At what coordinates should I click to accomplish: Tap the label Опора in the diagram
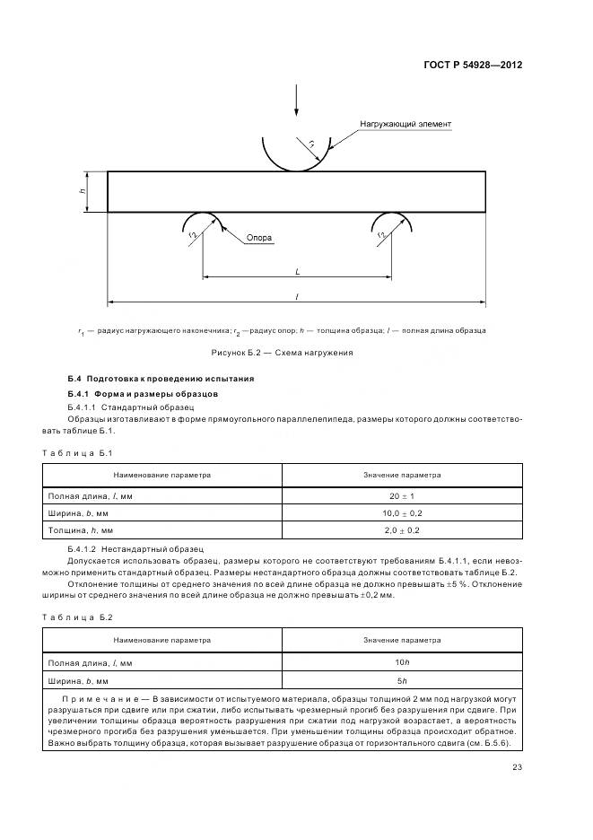tap(259, 239)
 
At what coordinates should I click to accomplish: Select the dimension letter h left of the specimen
tap(82, 191)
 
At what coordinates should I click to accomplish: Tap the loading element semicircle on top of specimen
tap(296, 153)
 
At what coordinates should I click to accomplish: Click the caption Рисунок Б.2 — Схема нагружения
tap(282, 353)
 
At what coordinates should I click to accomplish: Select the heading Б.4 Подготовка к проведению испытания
tap(161, 379)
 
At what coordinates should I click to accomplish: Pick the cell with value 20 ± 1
tap(402, 495)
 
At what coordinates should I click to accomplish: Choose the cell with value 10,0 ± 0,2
tap(402, 513)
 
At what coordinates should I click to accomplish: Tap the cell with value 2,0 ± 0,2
tap(402, 531)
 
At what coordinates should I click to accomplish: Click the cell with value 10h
tap(402, 661)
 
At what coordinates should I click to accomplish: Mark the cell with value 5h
tap(402, 679)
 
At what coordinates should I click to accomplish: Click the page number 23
tap(518, 766)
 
